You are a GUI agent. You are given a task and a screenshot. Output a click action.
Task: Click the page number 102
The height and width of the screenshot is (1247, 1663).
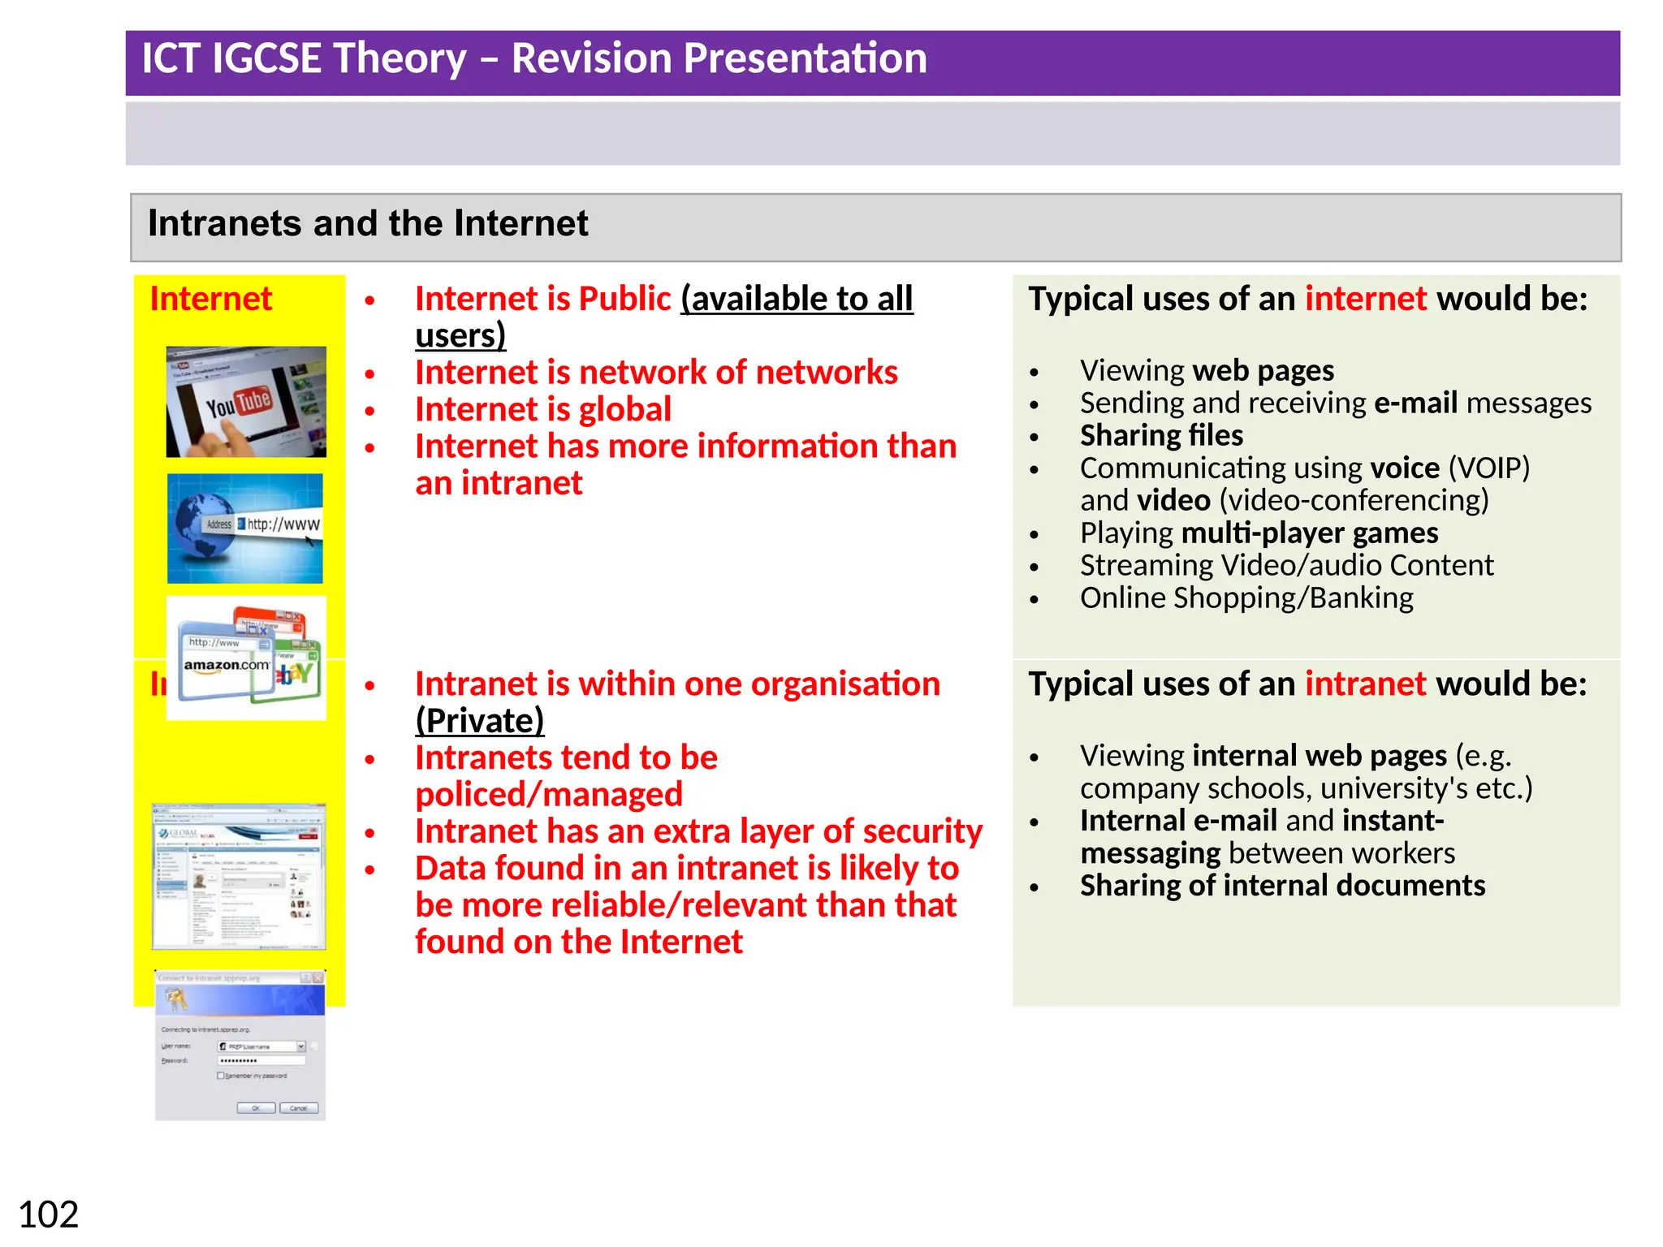click(x=48, y=1215)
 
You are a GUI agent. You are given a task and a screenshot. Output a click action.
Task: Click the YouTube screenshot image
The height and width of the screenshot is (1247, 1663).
click(x=246, y=402)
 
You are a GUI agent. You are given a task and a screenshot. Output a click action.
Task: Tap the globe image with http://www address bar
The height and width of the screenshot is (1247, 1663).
click(x=244, y=529)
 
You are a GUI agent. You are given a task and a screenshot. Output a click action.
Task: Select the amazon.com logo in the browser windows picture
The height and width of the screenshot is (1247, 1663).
click(x=226, y=665)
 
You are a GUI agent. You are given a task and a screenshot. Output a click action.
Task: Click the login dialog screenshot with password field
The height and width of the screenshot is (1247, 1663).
click(x=240, y=1046)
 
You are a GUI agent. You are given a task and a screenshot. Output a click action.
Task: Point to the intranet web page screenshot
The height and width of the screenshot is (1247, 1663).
click(x=239, y=877)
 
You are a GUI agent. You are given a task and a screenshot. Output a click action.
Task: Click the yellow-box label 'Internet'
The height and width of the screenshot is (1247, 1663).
click(x=210, y=299)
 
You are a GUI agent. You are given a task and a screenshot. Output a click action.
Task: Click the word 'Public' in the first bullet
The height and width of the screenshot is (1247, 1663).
click(x=624, y=299)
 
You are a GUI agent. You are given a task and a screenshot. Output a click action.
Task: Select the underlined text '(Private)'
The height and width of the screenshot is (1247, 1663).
click(x=479, y=721)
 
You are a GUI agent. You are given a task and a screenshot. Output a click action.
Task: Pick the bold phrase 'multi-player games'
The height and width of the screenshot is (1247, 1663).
click(x=1310, y=533)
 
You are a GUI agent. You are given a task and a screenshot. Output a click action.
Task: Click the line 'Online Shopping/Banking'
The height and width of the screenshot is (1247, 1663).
click(x=1246, y=598)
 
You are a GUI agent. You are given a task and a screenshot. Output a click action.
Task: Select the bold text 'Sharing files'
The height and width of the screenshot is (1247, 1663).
click(x=1161, y=436)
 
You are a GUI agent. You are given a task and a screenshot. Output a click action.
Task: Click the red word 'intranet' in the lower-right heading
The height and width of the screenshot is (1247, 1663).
click(x=1365, y=684)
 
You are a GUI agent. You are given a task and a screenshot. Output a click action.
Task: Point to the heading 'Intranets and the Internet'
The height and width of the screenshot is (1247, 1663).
click(x=368, y=223)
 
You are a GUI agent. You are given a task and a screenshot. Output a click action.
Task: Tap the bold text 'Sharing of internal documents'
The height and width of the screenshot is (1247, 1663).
click(x=1282, y=886)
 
